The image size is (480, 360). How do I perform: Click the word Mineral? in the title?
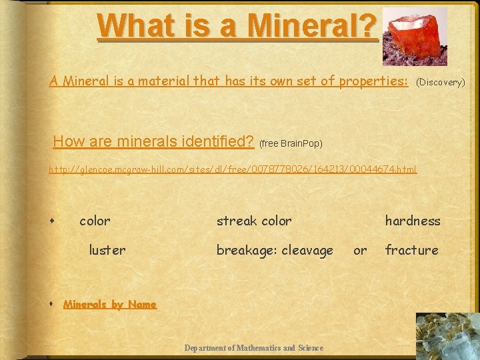click(313, 25)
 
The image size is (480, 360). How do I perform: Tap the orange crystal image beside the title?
click(417, 37)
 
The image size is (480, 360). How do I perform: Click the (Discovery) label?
click(440, 83)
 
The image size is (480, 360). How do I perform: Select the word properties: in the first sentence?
click(373, 81)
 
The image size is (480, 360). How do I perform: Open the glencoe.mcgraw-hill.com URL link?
click(233, 169)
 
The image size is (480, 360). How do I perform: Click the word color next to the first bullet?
click(95, 221)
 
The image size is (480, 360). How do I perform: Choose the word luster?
click(107, 250)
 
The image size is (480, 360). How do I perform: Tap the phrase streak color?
click(254, 221)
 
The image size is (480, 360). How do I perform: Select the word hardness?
click(413, 221)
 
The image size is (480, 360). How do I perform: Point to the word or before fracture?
click(360, 250)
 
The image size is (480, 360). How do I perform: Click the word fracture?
click(411, 250)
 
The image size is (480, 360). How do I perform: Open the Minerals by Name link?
click(110, 305)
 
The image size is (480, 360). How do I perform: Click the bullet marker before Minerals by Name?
click(51, 305)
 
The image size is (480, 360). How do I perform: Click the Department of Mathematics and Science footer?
click(253, 347)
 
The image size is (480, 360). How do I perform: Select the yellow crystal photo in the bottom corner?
click(446, 337)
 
